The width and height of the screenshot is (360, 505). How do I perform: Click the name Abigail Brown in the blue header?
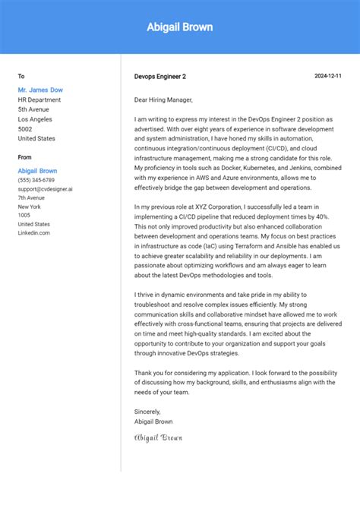180,27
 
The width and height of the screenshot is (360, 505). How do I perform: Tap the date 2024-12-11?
328,77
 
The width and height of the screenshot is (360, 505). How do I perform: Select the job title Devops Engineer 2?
159,77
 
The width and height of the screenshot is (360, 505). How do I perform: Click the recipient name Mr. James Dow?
40,90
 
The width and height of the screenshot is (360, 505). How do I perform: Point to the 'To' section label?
21,77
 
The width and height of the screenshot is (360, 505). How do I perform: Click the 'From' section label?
25,157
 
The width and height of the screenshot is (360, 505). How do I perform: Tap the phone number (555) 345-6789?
36,180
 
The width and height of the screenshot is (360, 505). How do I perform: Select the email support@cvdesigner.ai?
46,189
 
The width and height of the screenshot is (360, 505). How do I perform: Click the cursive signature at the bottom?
158,437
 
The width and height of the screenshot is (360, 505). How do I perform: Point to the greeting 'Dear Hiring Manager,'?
163,99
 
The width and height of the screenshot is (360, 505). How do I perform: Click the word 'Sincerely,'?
149,411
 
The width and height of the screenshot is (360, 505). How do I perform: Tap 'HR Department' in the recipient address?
39,99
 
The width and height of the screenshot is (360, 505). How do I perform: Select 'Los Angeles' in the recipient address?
35,119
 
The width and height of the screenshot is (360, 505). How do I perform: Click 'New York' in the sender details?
30,207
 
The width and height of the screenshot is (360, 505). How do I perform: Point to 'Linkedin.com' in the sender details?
34,232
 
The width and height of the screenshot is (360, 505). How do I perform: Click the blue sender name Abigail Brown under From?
37,171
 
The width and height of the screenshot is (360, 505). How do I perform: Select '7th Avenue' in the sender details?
32,197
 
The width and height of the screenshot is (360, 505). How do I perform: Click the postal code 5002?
26,129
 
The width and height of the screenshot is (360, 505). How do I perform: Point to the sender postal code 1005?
24,215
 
